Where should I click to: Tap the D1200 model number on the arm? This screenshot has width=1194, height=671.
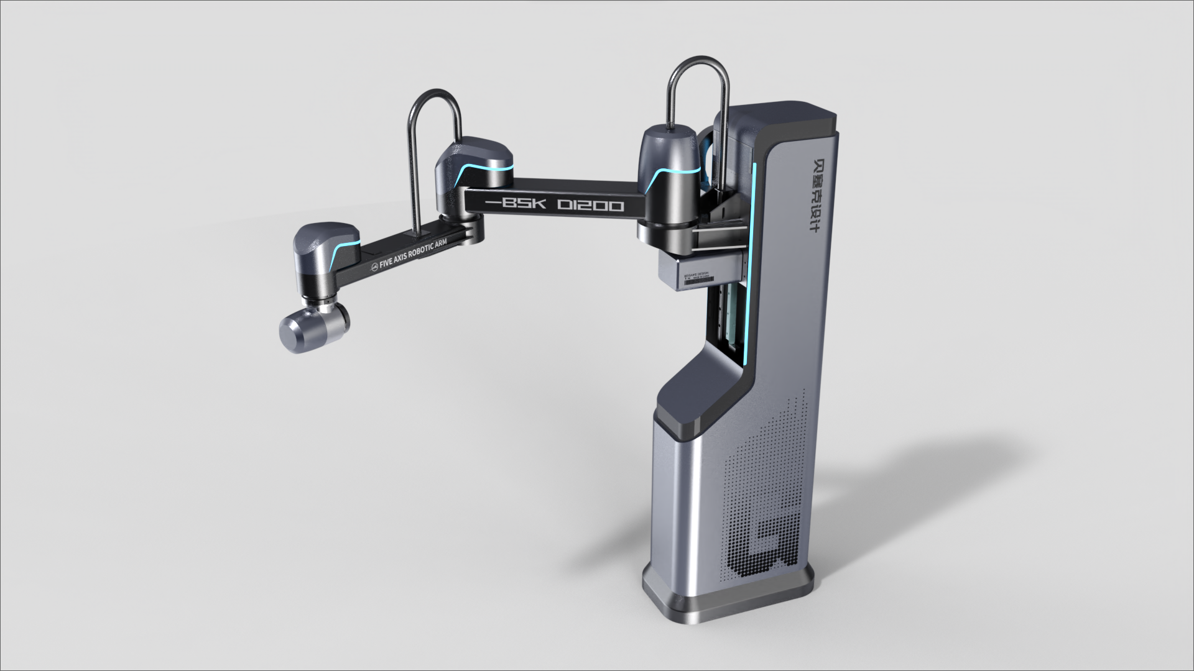coord(590,205)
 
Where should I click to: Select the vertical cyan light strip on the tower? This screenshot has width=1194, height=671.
coord(753,261)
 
